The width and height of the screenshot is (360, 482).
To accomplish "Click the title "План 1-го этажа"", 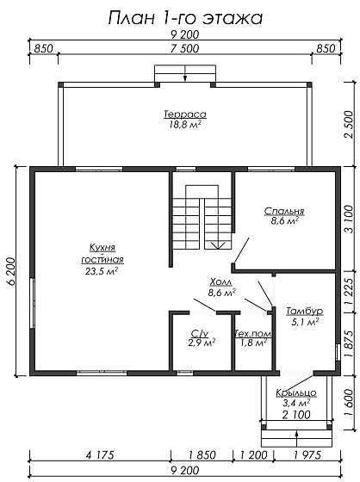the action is pos(185,18).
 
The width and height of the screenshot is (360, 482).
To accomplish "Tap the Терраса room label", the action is pos(185,114).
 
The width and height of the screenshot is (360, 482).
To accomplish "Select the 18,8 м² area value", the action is pos(185,124).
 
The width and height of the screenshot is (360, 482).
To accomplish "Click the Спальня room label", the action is pos(284,211).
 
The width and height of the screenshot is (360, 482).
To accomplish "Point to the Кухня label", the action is pos(102,248).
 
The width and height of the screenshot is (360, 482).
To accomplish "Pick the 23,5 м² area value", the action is pos(102,271).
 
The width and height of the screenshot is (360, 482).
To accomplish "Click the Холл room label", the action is pos(221,282).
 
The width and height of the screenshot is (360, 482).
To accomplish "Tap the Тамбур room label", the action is pos(305,311).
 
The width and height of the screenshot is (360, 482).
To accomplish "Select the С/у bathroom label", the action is pos(200,333).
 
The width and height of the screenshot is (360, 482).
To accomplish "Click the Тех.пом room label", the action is pos(253,333).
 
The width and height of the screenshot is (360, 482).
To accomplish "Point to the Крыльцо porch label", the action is pos(296,392).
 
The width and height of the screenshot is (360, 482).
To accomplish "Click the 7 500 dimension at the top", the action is pos(185,48).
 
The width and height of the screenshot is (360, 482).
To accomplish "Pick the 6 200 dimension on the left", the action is pos(11,271).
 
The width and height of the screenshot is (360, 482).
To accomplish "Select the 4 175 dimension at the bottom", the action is pos(100,454).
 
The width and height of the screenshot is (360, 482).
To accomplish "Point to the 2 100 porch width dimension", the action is pos(296,415).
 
